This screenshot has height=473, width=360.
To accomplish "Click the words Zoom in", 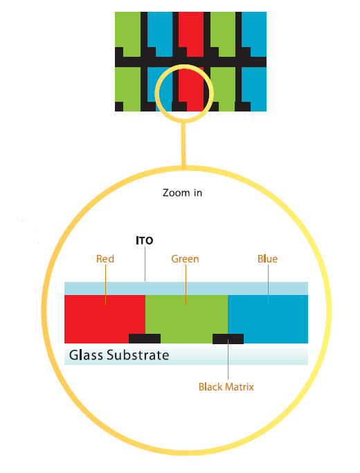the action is (x=182, y=193).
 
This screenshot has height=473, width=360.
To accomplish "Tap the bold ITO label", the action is (x=145, y=240).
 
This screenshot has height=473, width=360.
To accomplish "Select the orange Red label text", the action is (x=105, y=258).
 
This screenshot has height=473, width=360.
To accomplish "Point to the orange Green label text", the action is (x=185, y=258).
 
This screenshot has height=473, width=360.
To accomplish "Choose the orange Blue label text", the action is (x=267, y=258).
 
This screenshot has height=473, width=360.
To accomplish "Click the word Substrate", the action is (x=138, y=355).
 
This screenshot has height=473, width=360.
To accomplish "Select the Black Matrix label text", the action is (x=226, y=386).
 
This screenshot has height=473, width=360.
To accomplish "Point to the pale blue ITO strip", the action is (x=186, y=288).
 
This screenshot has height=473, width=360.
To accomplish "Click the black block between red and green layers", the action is (x=145, y=339).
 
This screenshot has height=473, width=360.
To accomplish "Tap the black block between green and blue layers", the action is (x=228, y=339).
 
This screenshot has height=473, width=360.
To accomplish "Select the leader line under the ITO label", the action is (x=145, y=264).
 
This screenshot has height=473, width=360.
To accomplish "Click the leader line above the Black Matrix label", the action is (x=228, y=359).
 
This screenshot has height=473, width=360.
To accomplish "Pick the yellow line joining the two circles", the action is (x=183, y=144).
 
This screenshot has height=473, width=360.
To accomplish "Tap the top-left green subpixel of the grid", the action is (x=128, y=34).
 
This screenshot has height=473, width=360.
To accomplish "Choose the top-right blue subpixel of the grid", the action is (x=254, y=34).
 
